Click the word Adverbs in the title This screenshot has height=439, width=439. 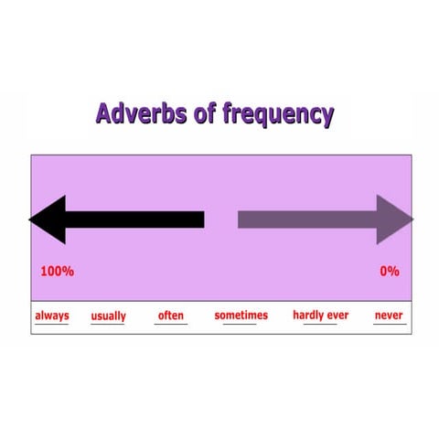click(137, 114)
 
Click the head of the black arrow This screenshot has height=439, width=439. click(48, 219)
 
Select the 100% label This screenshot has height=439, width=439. click(58, 272)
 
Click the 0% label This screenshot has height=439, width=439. click(390, 272)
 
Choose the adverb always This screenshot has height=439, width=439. click(52, 316)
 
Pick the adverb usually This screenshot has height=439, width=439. click(109, 316)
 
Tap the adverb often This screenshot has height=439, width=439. click(171, 316)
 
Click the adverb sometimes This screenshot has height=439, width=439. click(241, 316)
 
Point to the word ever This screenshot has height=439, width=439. click(338, 316)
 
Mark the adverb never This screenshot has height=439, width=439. click(389, 316)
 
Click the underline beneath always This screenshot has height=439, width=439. click(52, 324)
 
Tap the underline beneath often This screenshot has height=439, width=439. click(171, 324)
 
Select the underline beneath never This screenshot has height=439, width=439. click(389, 324)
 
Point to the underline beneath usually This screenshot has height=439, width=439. click(109, 325)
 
